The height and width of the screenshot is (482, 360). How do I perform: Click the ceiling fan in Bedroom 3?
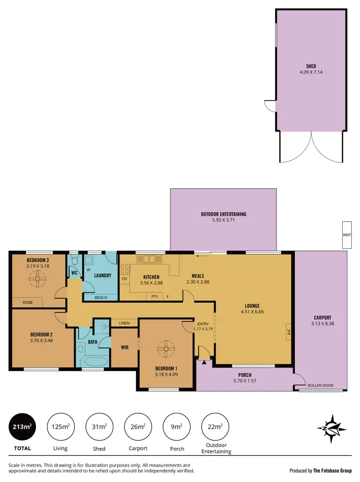[x=36, y=277]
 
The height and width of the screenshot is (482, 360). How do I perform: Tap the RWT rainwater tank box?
[x=347, y=235]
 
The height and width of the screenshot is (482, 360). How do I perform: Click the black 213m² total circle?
[x=22, y=426]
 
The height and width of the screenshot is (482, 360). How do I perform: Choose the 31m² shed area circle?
[x=99, y=426]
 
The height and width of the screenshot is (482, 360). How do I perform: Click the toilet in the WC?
[x=74, y=261]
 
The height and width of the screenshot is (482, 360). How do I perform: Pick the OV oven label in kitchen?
[x=124, y=278]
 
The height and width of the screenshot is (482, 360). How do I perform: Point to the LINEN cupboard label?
[x=124, y=323]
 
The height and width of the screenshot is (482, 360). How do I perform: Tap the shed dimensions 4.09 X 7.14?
[x=311, y=73]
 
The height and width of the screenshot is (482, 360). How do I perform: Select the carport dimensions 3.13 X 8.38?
[x=322, y=324]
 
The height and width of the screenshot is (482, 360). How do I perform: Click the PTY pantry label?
[x=155, y=297]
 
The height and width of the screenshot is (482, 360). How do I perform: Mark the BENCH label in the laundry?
[x=101, y=298]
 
